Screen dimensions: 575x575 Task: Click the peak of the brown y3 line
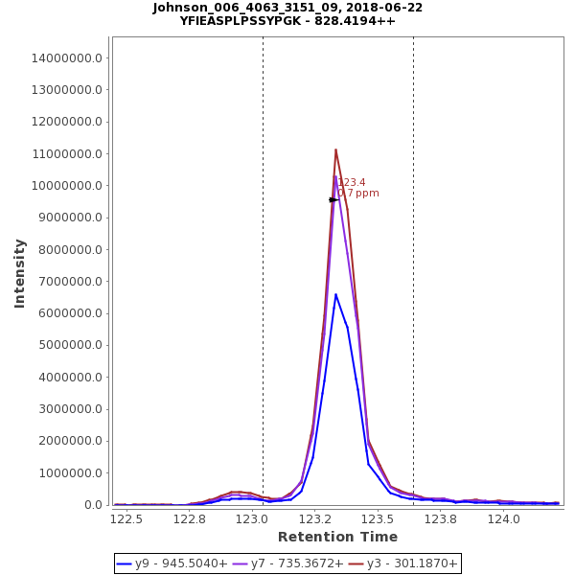click(335, 149)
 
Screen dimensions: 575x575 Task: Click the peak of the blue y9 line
click(335, 294)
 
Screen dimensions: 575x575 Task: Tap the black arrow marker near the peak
click(333, 199)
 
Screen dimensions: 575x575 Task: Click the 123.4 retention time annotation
click(352, 182)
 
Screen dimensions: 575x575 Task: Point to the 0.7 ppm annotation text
click(358, 194)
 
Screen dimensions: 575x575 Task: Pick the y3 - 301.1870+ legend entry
click(402, 563)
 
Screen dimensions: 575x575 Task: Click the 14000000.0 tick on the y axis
click(67, 57)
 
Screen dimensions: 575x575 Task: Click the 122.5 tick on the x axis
click(126, 519)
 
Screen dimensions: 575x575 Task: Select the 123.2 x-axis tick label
click(315, 519)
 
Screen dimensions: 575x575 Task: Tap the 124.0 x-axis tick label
click(503, 519)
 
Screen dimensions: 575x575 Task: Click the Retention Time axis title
click(337, 537)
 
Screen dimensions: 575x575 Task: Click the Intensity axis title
click(20, 273)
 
